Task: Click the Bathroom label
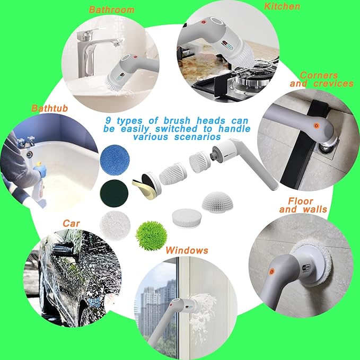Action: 111,10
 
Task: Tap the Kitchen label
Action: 282,6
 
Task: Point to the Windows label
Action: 187,250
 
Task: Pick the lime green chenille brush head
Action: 147,232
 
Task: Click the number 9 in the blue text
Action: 109,120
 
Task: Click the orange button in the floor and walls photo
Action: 272,270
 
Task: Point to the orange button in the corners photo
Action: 316,125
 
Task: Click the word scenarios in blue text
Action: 199,137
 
